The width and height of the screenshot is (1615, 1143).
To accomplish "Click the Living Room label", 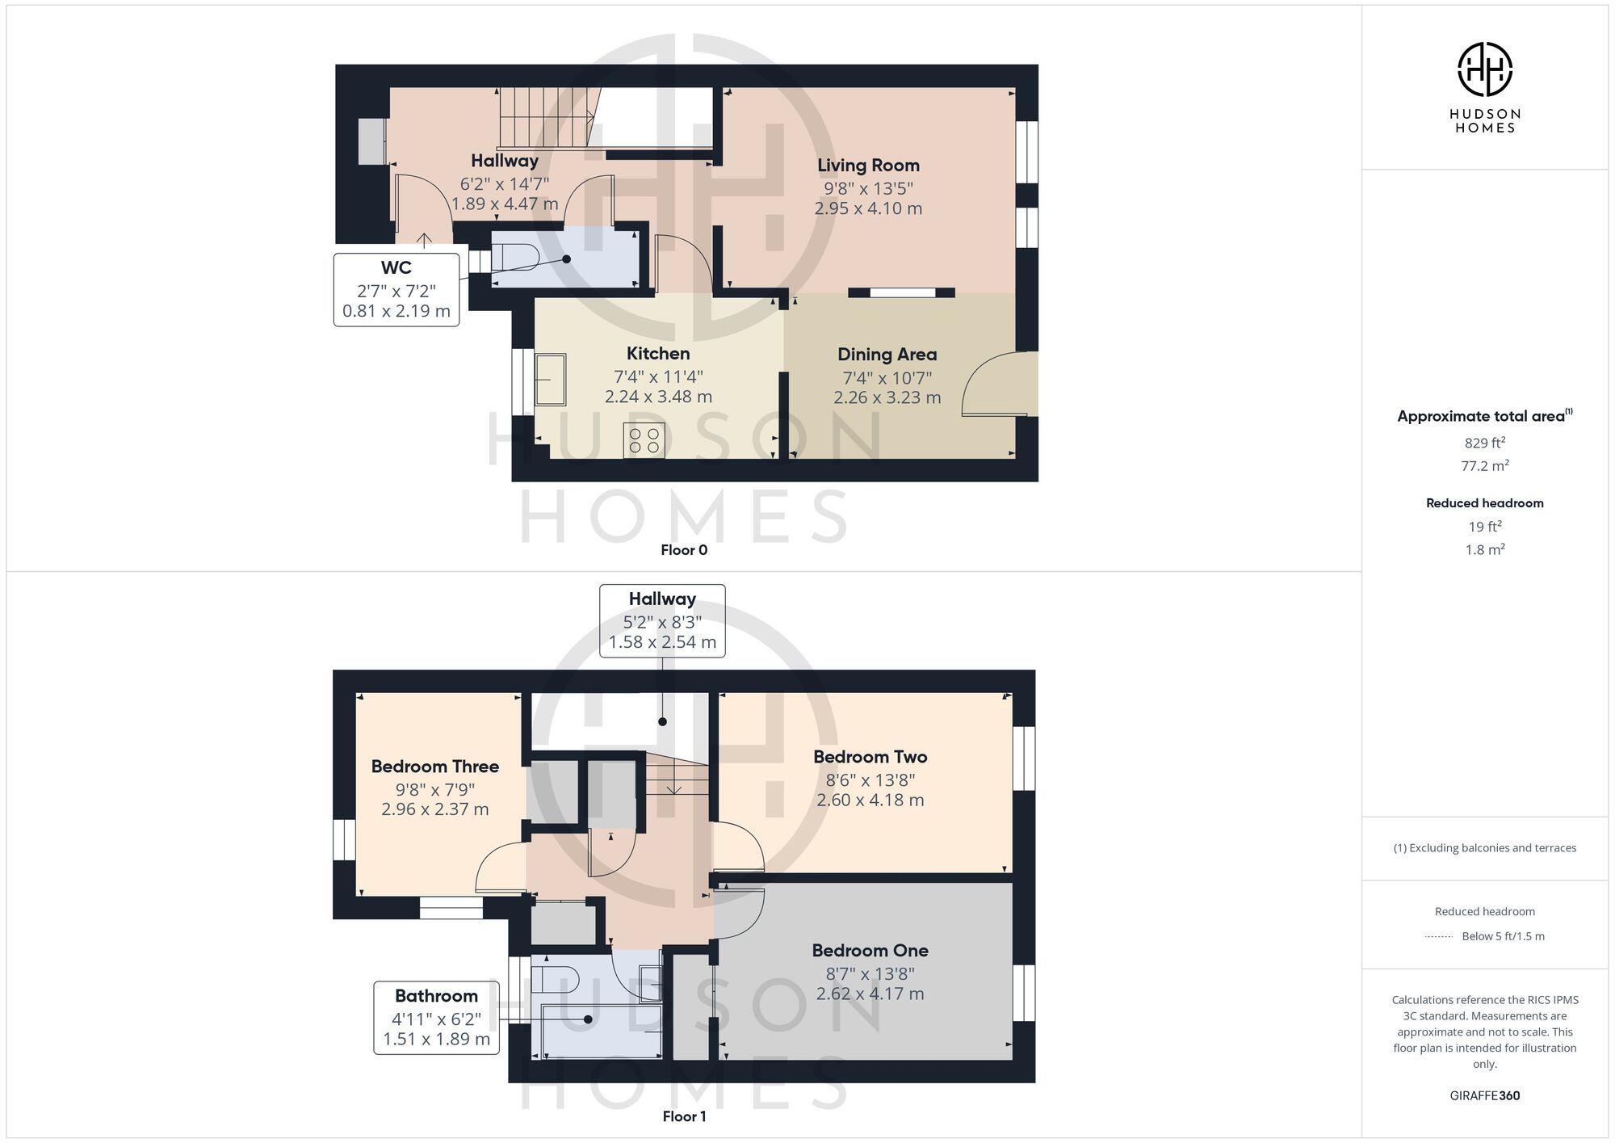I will pos(868,166).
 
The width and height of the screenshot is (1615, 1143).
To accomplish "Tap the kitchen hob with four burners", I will pos(644,440).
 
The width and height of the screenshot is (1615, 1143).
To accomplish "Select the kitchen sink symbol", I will pos(551,379).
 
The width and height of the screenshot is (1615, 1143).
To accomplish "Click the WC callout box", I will pos(396,289).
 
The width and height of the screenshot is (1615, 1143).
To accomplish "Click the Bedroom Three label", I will pos(435,767).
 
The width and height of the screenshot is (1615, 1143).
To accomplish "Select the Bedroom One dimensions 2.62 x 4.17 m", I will pos(870,994).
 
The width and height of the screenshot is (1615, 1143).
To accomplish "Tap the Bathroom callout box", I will pos(436,1018).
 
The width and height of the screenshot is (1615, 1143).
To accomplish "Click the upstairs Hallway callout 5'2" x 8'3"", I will pos(662,621).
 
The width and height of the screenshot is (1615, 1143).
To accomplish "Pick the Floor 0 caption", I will pos(684,550).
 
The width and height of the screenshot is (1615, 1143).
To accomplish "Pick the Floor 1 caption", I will pos(684,1116).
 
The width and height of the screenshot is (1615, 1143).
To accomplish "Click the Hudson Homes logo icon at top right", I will pos(1484,69).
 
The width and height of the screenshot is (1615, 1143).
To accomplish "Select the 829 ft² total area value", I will pos(1484,443).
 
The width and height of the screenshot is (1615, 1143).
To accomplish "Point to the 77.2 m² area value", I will pos(1484,465).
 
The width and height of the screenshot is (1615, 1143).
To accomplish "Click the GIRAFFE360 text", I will pos(1484,1095).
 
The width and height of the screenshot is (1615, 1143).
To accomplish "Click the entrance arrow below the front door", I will pos(424,240).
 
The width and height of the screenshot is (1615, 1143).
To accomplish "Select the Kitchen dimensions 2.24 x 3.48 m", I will pos(658,397).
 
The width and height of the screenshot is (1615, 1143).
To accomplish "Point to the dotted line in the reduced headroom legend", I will pos(1439,937).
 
